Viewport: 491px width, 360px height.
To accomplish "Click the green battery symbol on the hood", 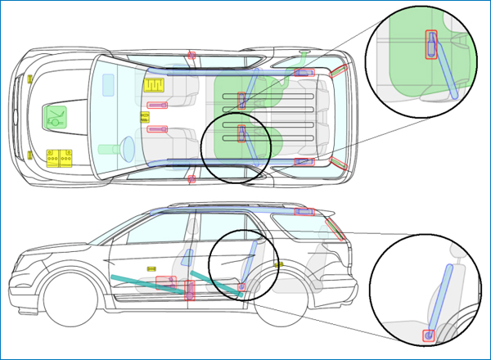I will point(56,115).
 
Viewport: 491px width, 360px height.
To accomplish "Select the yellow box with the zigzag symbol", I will point(154,84).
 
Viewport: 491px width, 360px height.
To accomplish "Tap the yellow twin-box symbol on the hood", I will point(60,157).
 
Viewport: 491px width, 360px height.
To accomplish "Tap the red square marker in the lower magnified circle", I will point(427,335).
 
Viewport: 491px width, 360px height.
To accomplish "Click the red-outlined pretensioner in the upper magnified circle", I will point(430,45).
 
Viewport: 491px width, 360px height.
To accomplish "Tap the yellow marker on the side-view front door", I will point(151,268).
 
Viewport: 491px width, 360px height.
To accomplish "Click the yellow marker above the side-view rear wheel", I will point(278,264).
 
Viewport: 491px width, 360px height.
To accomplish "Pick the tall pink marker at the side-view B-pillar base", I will point(191,290).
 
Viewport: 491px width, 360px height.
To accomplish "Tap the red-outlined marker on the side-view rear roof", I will point(304,212).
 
